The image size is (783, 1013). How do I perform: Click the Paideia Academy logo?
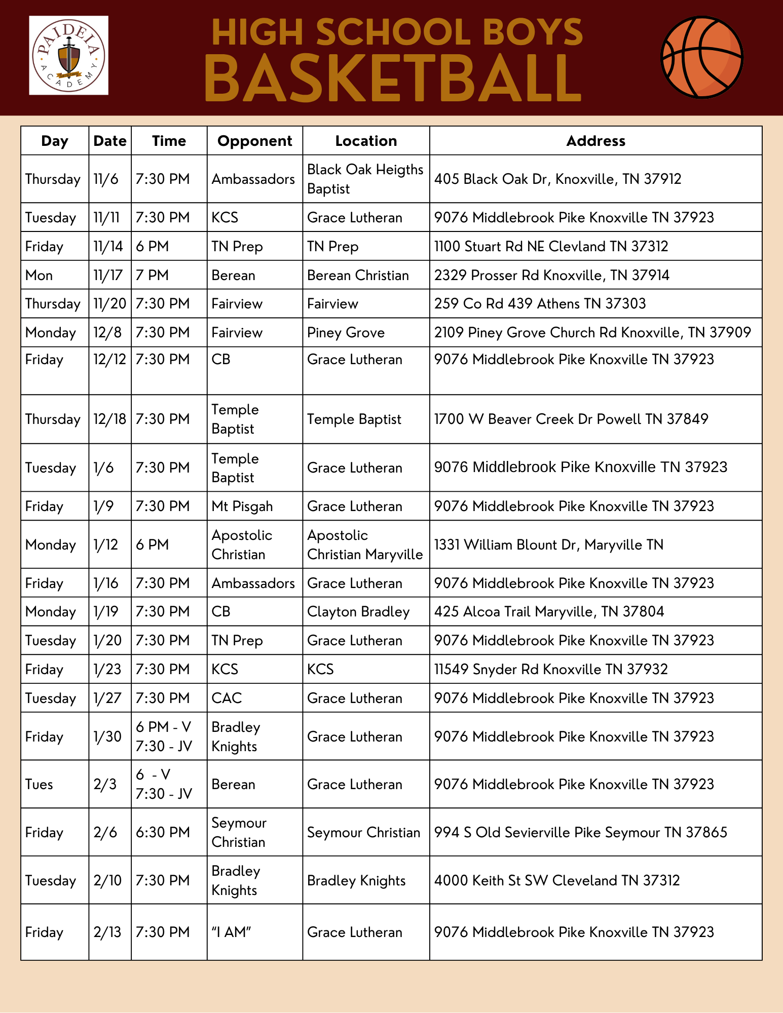pyautogui.click(x=68, y=55)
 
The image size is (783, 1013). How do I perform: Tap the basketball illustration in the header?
pyautogui.click(x=702, y=57)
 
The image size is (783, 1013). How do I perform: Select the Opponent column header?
pyautogui.click(x=254, y=141)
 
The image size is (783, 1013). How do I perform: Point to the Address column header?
pyautogui.click(x=595, y=141)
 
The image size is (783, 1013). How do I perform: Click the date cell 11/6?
pyautogui.click(x=106, y=179)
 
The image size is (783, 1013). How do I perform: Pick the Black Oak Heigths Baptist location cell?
pyautogui.click(x=365, y=179)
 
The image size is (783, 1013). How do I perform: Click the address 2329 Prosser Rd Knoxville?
pyautogui.click(x=551, y=275)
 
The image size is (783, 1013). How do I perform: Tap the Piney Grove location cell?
pyautogui.click(x=346, y=332)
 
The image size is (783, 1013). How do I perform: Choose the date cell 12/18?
pyautogui.click(x=109, y=419)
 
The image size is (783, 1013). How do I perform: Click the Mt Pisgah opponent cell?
pyautogui.click(x=242, y=506)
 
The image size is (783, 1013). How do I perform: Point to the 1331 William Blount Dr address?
pyautogui.click(x=548, y=544)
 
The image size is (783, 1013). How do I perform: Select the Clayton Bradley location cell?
pyautogui.click(x=358, y=611)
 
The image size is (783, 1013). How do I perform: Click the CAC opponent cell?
pyautogui.click(x=227, y=698)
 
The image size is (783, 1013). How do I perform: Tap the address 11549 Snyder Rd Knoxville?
pyautogui.click(x=551, y=669)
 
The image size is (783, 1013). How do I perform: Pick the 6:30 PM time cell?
pyautogui.click(x=163, y=832)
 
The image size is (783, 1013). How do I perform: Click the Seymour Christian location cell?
pyautogui.click(x=363, y=832)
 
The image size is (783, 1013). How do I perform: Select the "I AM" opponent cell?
pyautogui.click(x=232, y=932)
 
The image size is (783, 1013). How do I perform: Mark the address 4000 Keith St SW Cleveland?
pyautogui.click(x=556, y=880)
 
